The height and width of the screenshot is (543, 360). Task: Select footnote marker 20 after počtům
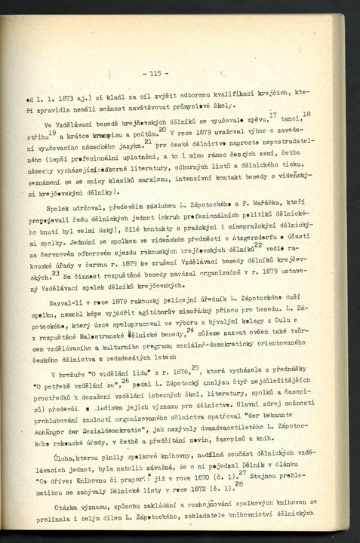click(x=162, y=129)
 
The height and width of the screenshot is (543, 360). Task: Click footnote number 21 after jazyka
click(x=170, y=141)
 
